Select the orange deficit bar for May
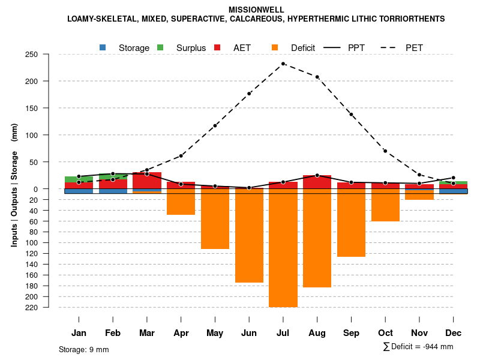(x=215, y=219)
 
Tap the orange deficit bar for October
(x=385, y=205)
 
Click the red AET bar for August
(x=317, y=182)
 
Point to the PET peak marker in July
(x=283, y=64)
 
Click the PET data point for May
(x=215, y=126)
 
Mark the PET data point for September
(x=351, y=115)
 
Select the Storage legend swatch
(x=103, y=47)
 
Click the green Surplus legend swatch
(x=160, y=47)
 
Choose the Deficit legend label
(x=303, y=48)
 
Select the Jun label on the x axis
(x=249, y=333)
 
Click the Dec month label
(x=454, y=333)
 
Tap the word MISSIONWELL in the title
(x=256, y=10)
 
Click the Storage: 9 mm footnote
(x=84, y=349)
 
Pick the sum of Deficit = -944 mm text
(x=418, y=347)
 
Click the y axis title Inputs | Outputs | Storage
(x=14, y=185)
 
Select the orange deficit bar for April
(x=181, y=202)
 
